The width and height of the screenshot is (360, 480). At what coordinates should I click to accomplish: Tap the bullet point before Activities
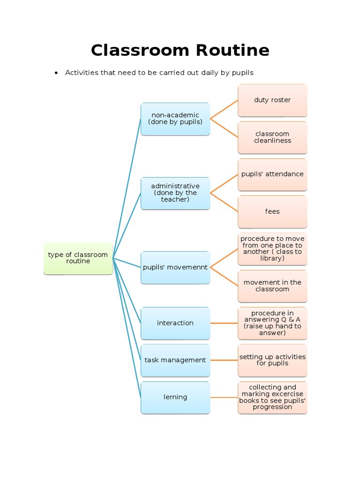pyautogui.click(x=56, y=73)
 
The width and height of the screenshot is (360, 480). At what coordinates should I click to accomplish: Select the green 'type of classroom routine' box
pyautogui.click(x=78, y=258)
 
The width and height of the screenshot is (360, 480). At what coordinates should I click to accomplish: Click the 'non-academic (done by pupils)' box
pyautogui.click(x=175, y=119)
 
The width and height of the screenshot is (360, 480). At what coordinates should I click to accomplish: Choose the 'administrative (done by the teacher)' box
pyautogui.click(x=175, y=193)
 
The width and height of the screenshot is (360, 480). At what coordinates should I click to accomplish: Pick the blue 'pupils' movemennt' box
pyautogui.click(x=175, y=267)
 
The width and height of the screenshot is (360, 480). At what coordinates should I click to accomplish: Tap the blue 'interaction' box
pyautogui.click(x=175, y=323)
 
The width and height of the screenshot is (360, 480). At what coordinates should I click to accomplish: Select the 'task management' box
pyautogui.click(x=175, y=360)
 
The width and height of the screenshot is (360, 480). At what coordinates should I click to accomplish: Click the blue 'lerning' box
pyautogui.click(x=175, y=397)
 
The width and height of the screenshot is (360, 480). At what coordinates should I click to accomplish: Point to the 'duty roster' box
pyautogui.click(x=272, y=100)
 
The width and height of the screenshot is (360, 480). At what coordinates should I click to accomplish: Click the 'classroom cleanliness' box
pyautogui.click(x=272, y=137)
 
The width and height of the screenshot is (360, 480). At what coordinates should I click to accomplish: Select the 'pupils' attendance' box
pyautogui.click(x=272, y=174)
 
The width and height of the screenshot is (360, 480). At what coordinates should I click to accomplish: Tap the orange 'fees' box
pyautogui.click(x=272, y=211)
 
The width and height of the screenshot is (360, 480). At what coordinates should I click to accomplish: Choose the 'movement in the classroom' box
pyautogui.click(x=272, y=286)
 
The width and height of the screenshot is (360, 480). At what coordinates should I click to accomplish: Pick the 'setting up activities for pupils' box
pyautogui.click(x=272, y=360)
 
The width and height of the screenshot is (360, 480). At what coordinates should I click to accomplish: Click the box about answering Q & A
pyautogui.click(x=272, y=323)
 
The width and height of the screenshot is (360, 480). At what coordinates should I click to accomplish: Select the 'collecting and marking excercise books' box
pyautogui.click(x=272, y=397)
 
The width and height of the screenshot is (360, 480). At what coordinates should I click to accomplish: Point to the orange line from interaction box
pyautogui.click(x=224, y=323)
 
